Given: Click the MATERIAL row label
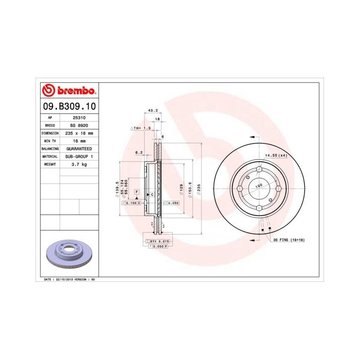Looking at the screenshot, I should pos(50,156).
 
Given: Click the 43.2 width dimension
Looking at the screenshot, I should pos(152,110).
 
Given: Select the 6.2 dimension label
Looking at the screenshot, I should pos(138,152).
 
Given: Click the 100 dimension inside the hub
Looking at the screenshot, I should pos(259,185).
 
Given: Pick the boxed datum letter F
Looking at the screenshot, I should pos(137,192).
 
